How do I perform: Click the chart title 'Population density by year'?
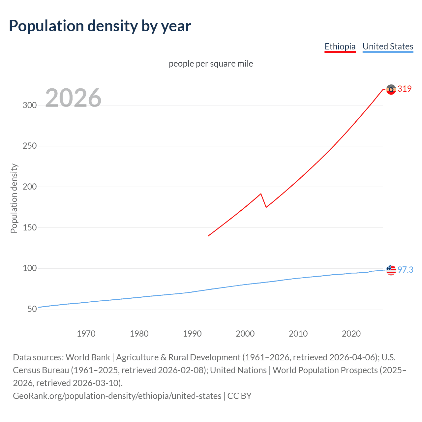100,26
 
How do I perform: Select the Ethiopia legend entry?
340,47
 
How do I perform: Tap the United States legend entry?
388,47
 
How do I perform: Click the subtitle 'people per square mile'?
211,64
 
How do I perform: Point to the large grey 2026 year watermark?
73,98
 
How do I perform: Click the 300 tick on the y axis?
29,105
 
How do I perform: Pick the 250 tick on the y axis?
29,146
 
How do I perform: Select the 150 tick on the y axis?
29,227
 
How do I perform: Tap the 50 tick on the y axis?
32,309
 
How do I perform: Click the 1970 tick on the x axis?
86,334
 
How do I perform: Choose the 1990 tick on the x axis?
192,334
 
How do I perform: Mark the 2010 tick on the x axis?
298,334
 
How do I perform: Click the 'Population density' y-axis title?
14,198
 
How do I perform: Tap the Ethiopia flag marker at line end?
391,89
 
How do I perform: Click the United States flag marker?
391,270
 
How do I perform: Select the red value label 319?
405,89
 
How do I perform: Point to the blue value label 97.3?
405,270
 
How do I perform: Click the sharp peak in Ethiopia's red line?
261,194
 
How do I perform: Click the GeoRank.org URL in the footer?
117,396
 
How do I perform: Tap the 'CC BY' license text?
239,396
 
